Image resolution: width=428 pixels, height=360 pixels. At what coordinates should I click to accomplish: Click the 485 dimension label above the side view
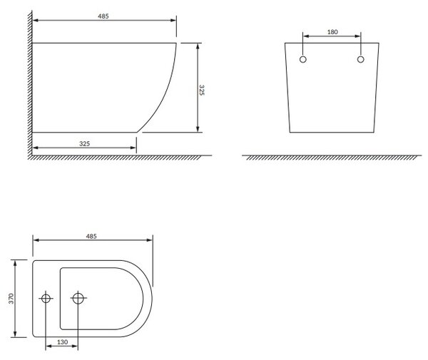[103, 16]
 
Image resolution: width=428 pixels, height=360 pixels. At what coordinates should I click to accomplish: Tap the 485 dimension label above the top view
[91, 236]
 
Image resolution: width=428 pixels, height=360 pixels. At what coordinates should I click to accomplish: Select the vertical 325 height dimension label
[201, 90]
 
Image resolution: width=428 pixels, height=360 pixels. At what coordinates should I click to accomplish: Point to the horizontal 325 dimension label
[84, 143]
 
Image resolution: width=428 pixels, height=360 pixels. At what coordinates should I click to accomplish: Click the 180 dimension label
[332, 32]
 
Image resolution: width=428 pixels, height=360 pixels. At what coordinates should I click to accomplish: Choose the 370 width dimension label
[11, 299]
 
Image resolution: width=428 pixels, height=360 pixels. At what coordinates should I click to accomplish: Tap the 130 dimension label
[62, 341]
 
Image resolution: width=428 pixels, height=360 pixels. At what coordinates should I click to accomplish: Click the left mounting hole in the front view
[303, 59]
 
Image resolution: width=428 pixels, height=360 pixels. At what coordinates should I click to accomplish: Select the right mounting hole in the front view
[360, 59]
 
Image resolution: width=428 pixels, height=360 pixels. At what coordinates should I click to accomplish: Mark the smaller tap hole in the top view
[46, 299]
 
